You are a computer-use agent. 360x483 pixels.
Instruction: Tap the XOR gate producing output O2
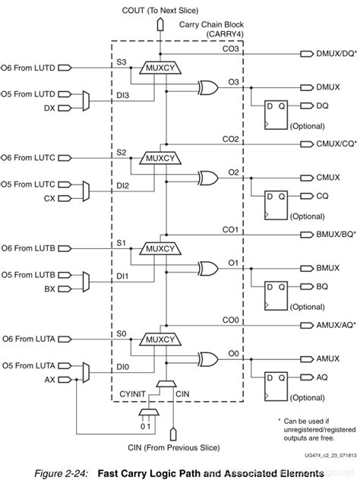click(x=207, y=177)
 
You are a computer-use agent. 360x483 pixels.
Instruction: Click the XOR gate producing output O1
click(x=207, y=267)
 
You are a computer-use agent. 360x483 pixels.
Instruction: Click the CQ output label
click(x=322, y=196)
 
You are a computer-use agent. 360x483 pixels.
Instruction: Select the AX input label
click(x=49, y=378)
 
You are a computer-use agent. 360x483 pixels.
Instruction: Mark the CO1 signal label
click(x=229, y=229)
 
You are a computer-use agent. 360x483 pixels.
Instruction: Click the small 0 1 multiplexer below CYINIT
click(x=147, y=415)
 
